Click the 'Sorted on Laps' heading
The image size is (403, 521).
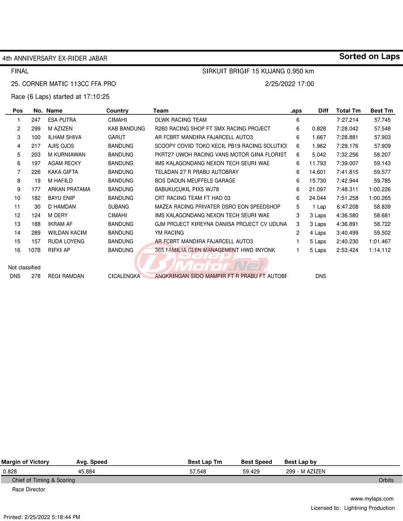coord(369,56)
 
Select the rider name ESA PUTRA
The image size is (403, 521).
coord(62,120)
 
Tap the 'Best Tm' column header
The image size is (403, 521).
coord(382,110)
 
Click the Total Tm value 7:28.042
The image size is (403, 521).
coord(347,129)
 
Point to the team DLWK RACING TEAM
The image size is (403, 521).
coord(180,120)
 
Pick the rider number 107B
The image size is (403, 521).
coord(34,250)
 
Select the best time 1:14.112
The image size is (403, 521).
coord(380,250)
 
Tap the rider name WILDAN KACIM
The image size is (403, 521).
coord(67,233)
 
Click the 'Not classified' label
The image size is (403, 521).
coord(24,267)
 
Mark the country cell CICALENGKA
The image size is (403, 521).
coord(124,276)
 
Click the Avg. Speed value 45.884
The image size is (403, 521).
coord(86,471)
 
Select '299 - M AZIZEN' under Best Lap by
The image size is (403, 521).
coord(305,471)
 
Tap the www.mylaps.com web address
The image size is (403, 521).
coord(372,499)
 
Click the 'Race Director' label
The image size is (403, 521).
coord(29,490)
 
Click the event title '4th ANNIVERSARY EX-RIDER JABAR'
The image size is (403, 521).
coord(55,59)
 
